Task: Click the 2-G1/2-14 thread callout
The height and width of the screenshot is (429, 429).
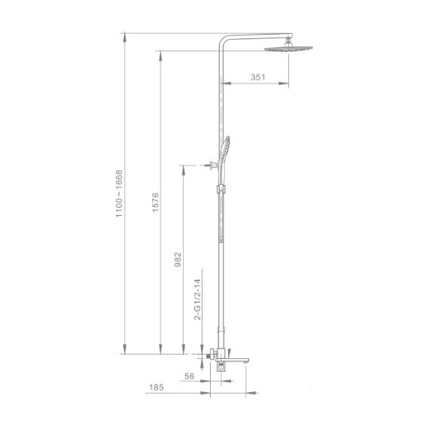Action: coord(197,301)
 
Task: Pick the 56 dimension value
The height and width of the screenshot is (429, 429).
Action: coord(189,376)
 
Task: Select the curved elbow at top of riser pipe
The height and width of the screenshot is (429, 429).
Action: coord(224,43)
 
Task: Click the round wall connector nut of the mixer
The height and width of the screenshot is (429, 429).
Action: coord(208,354)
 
